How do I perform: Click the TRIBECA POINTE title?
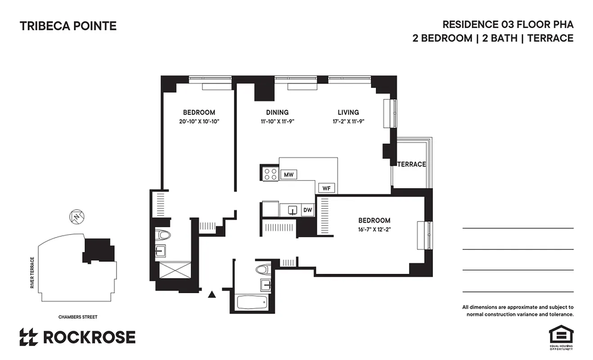[68, 26]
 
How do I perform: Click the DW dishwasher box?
[308, 210]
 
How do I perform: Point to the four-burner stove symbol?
[270, 174]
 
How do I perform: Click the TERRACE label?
[411, 164]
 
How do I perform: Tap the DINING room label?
[277, 112]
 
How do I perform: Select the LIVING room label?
[348, 112]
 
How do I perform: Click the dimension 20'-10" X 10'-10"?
[199, 121]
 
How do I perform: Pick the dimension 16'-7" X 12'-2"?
[374, 229]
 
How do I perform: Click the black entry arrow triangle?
[211, 295]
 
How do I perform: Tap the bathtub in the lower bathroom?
[252, 302]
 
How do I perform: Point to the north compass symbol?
[77, 217]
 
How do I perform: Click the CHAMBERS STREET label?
[78, 317]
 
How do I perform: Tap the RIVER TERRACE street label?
[32, 273]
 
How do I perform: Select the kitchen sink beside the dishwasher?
[292, 210]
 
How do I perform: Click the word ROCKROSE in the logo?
[89, 337]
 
